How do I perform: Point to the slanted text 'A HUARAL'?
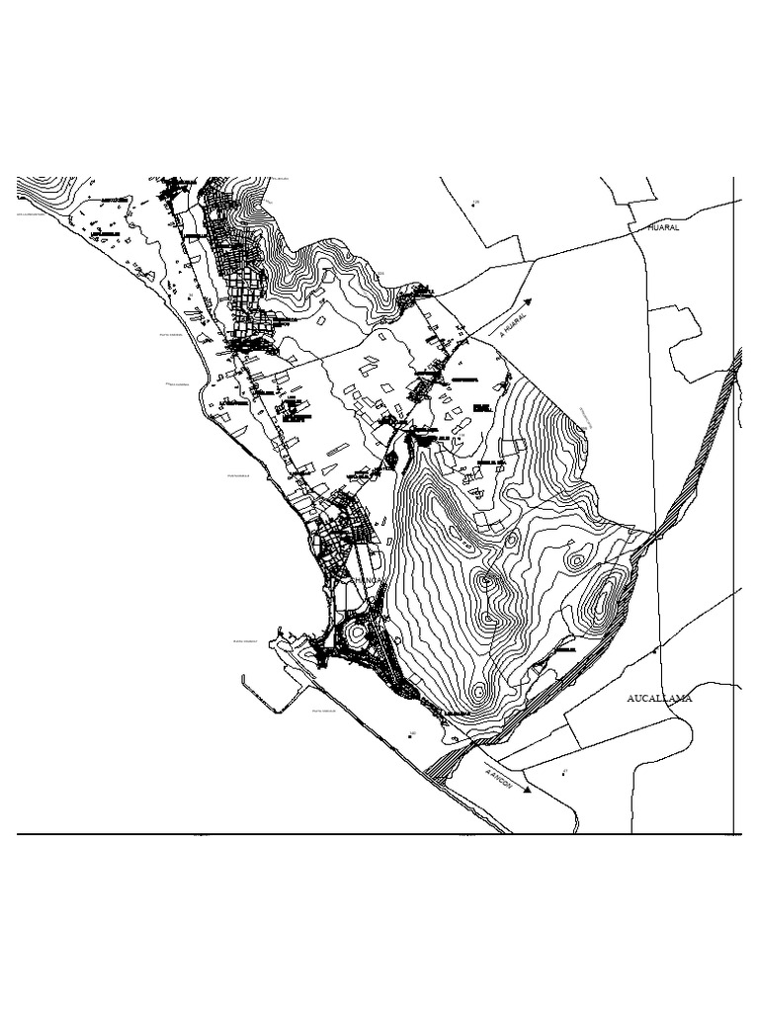[512, 326]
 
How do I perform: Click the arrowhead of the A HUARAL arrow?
[531, 300]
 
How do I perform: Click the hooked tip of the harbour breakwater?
[243, 678]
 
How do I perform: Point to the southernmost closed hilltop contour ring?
[479, 692]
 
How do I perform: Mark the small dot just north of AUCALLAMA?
[654, 653]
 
